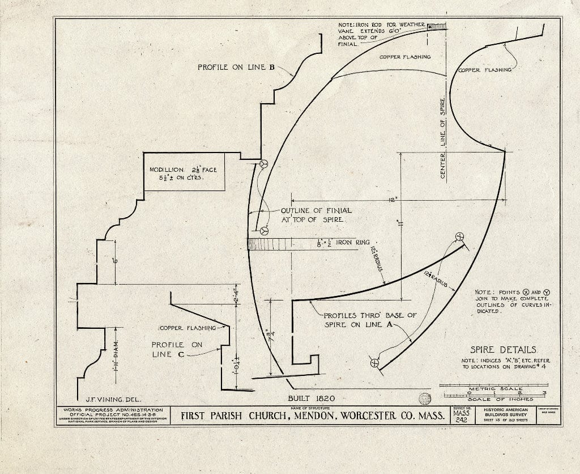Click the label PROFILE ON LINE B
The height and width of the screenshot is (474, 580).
(236, 67)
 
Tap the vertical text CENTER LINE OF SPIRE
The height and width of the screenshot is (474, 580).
(443, 139)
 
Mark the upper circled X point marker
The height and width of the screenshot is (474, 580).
(459, 236)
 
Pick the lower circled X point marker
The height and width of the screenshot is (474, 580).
(374, 363)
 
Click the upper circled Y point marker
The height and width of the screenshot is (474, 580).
(263, 164)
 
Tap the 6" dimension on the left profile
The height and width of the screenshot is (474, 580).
(115, 261)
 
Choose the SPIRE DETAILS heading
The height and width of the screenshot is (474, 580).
(502, 350)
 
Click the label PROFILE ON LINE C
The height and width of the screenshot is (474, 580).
(176, 349)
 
